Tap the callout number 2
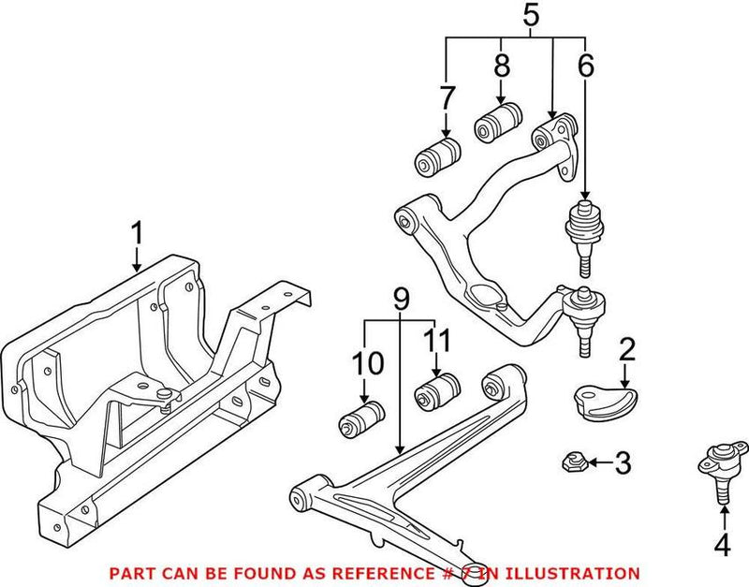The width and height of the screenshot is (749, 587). [x=626, y=350]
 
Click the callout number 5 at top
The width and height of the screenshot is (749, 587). [x=530, y=16]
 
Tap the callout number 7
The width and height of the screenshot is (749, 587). [x=447, y=96]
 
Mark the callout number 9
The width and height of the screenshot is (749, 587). [x=402, y=299]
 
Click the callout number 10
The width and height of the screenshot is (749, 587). [x=365, y=361]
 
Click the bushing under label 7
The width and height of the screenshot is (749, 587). [x=436, y=156]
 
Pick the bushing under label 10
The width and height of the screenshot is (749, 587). [x=360, y=417]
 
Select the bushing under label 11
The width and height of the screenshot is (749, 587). [x=435, y=390]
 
